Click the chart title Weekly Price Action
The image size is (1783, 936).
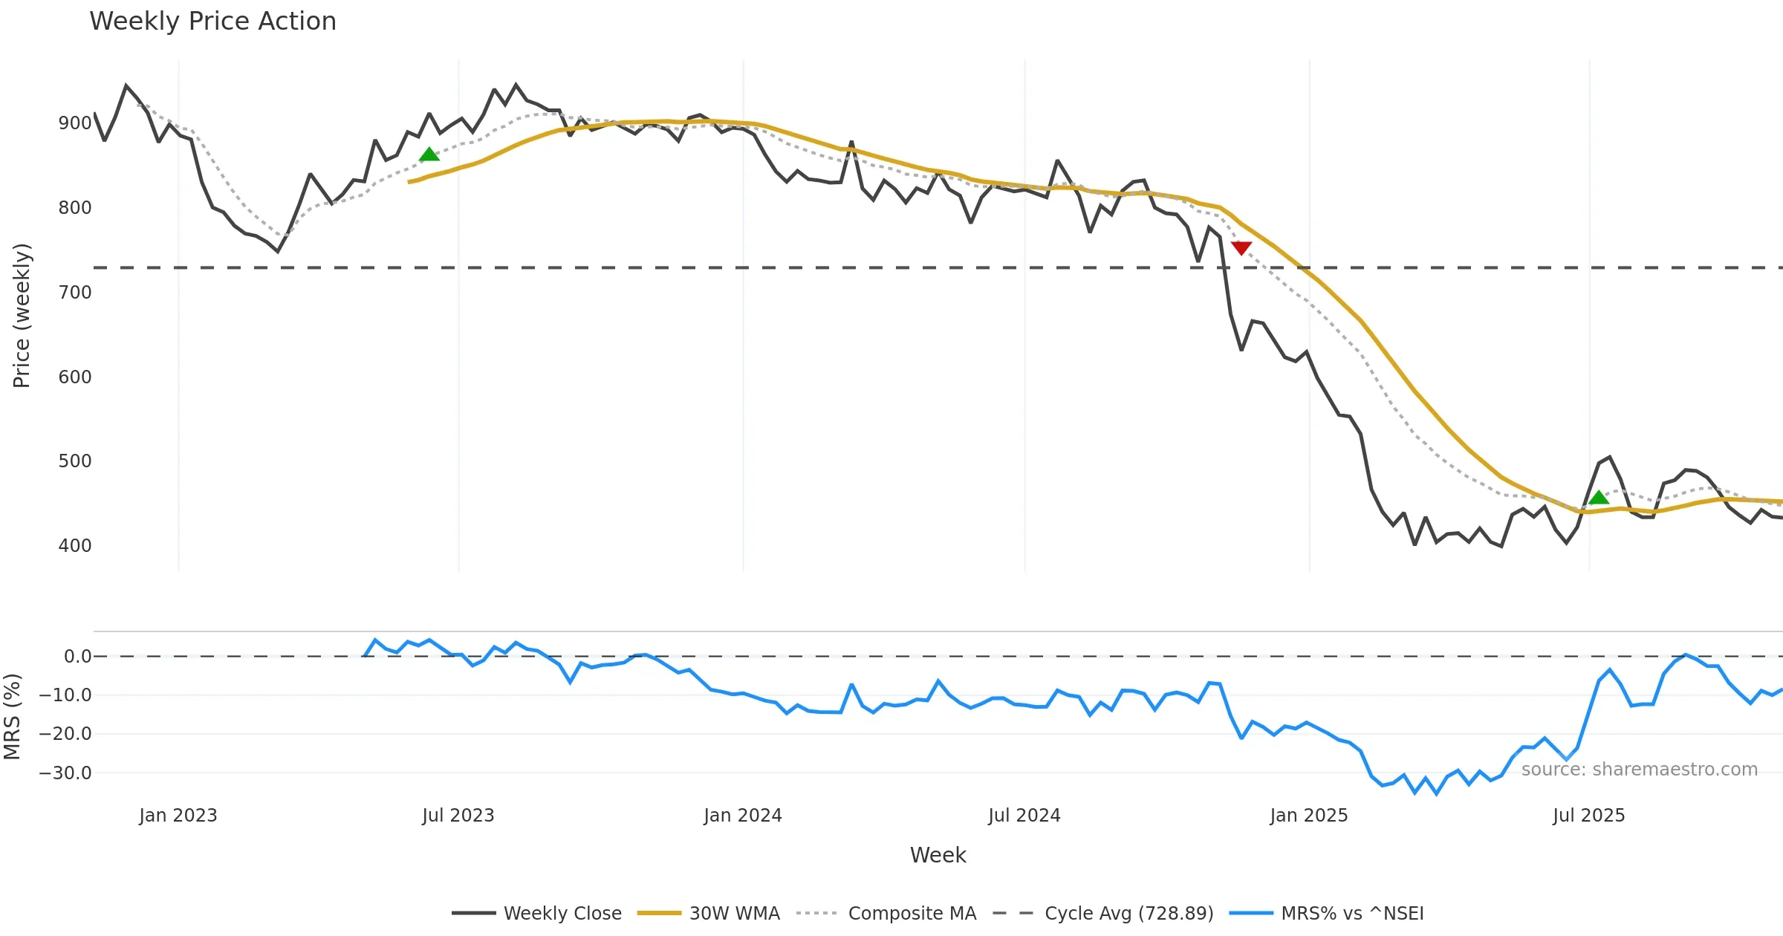[x=212, y=22]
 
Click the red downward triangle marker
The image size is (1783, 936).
[x=1241, y=247]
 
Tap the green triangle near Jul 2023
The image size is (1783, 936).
[x=429, y=155]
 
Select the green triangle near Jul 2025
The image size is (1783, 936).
[x=1599, y=497]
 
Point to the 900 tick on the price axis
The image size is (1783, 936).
[x=75, y=123]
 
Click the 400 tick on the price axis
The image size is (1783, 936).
[x=75, y=546]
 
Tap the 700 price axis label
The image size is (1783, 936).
[x=75, y=293]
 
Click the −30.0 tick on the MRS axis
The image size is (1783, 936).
[x=65, y=773]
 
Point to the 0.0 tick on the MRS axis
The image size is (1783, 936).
[x=77, y=657]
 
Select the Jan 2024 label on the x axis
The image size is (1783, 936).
[x=743, y=816]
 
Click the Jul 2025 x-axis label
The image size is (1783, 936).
[x=1588, y=816]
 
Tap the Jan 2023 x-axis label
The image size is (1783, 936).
[x=178, y=816]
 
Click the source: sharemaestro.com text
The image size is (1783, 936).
[x=1639, y=770]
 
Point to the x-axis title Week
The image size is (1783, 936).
[x=938, y=856]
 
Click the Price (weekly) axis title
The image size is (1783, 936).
[x=22, y=316]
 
